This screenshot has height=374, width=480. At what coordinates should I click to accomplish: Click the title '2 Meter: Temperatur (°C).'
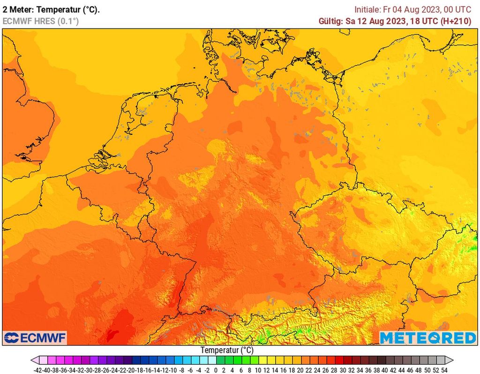point(51,9)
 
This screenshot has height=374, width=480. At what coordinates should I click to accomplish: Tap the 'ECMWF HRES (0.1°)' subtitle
point(40,21)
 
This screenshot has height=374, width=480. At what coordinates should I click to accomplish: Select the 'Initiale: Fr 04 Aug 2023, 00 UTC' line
point(412,9)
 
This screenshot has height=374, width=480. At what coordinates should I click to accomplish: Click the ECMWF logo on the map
point(35,337)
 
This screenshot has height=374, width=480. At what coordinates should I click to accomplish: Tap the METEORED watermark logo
point(427,337)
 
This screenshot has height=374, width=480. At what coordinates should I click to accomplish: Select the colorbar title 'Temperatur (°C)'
point(227,350)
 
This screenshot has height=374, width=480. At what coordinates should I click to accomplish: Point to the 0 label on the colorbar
point(216,369)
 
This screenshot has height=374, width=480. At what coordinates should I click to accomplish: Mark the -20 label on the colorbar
point(132,369)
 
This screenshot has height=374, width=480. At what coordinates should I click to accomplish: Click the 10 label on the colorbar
point(258,369)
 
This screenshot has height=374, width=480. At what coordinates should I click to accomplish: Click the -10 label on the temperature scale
point(173,369)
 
